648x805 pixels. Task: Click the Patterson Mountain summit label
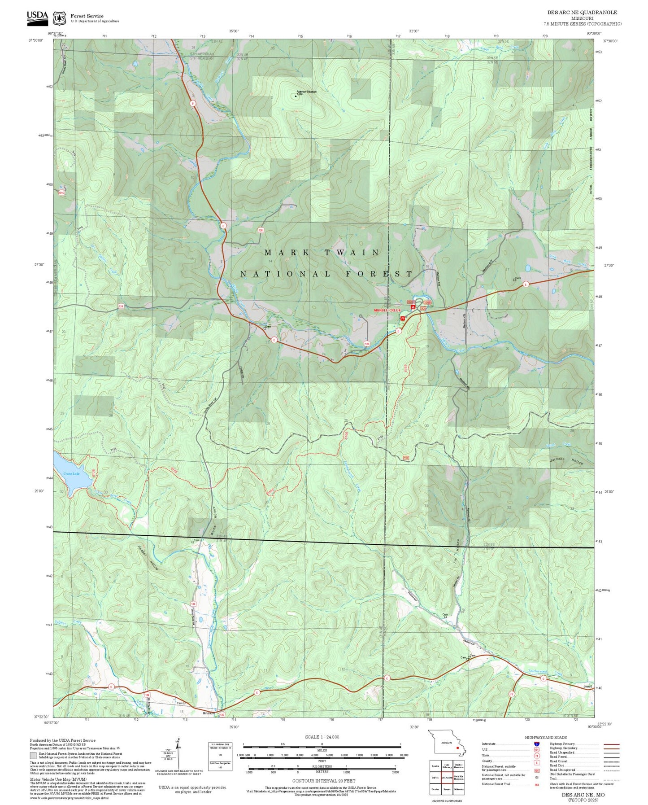click(x=306, y=92)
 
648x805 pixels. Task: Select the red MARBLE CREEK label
click(x=387, y=311)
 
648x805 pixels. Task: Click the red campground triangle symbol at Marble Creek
click(x=413, y=307)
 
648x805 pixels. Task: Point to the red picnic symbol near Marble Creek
click(x=403, y=318)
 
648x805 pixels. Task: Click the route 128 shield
click(x=261, y=230)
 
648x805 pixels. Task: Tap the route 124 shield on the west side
click(x=121, y=306)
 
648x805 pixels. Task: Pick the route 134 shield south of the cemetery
click(x=193, y=604)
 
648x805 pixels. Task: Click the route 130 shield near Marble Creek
click(x=367, y=344)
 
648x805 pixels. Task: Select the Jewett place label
click(x=588, y=686)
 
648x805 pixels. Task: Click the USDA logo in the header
click(x=37, y=16)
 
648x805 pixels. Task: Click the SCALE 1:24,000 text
click(x=322, y=737)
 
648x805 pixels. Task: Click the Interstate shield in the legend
click(x=536, y=744)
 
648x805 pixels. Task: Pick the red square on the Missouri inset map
click(x=457, y=748)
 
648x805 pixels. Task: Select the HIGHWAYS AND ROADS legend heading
click(x=545, y=737)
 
